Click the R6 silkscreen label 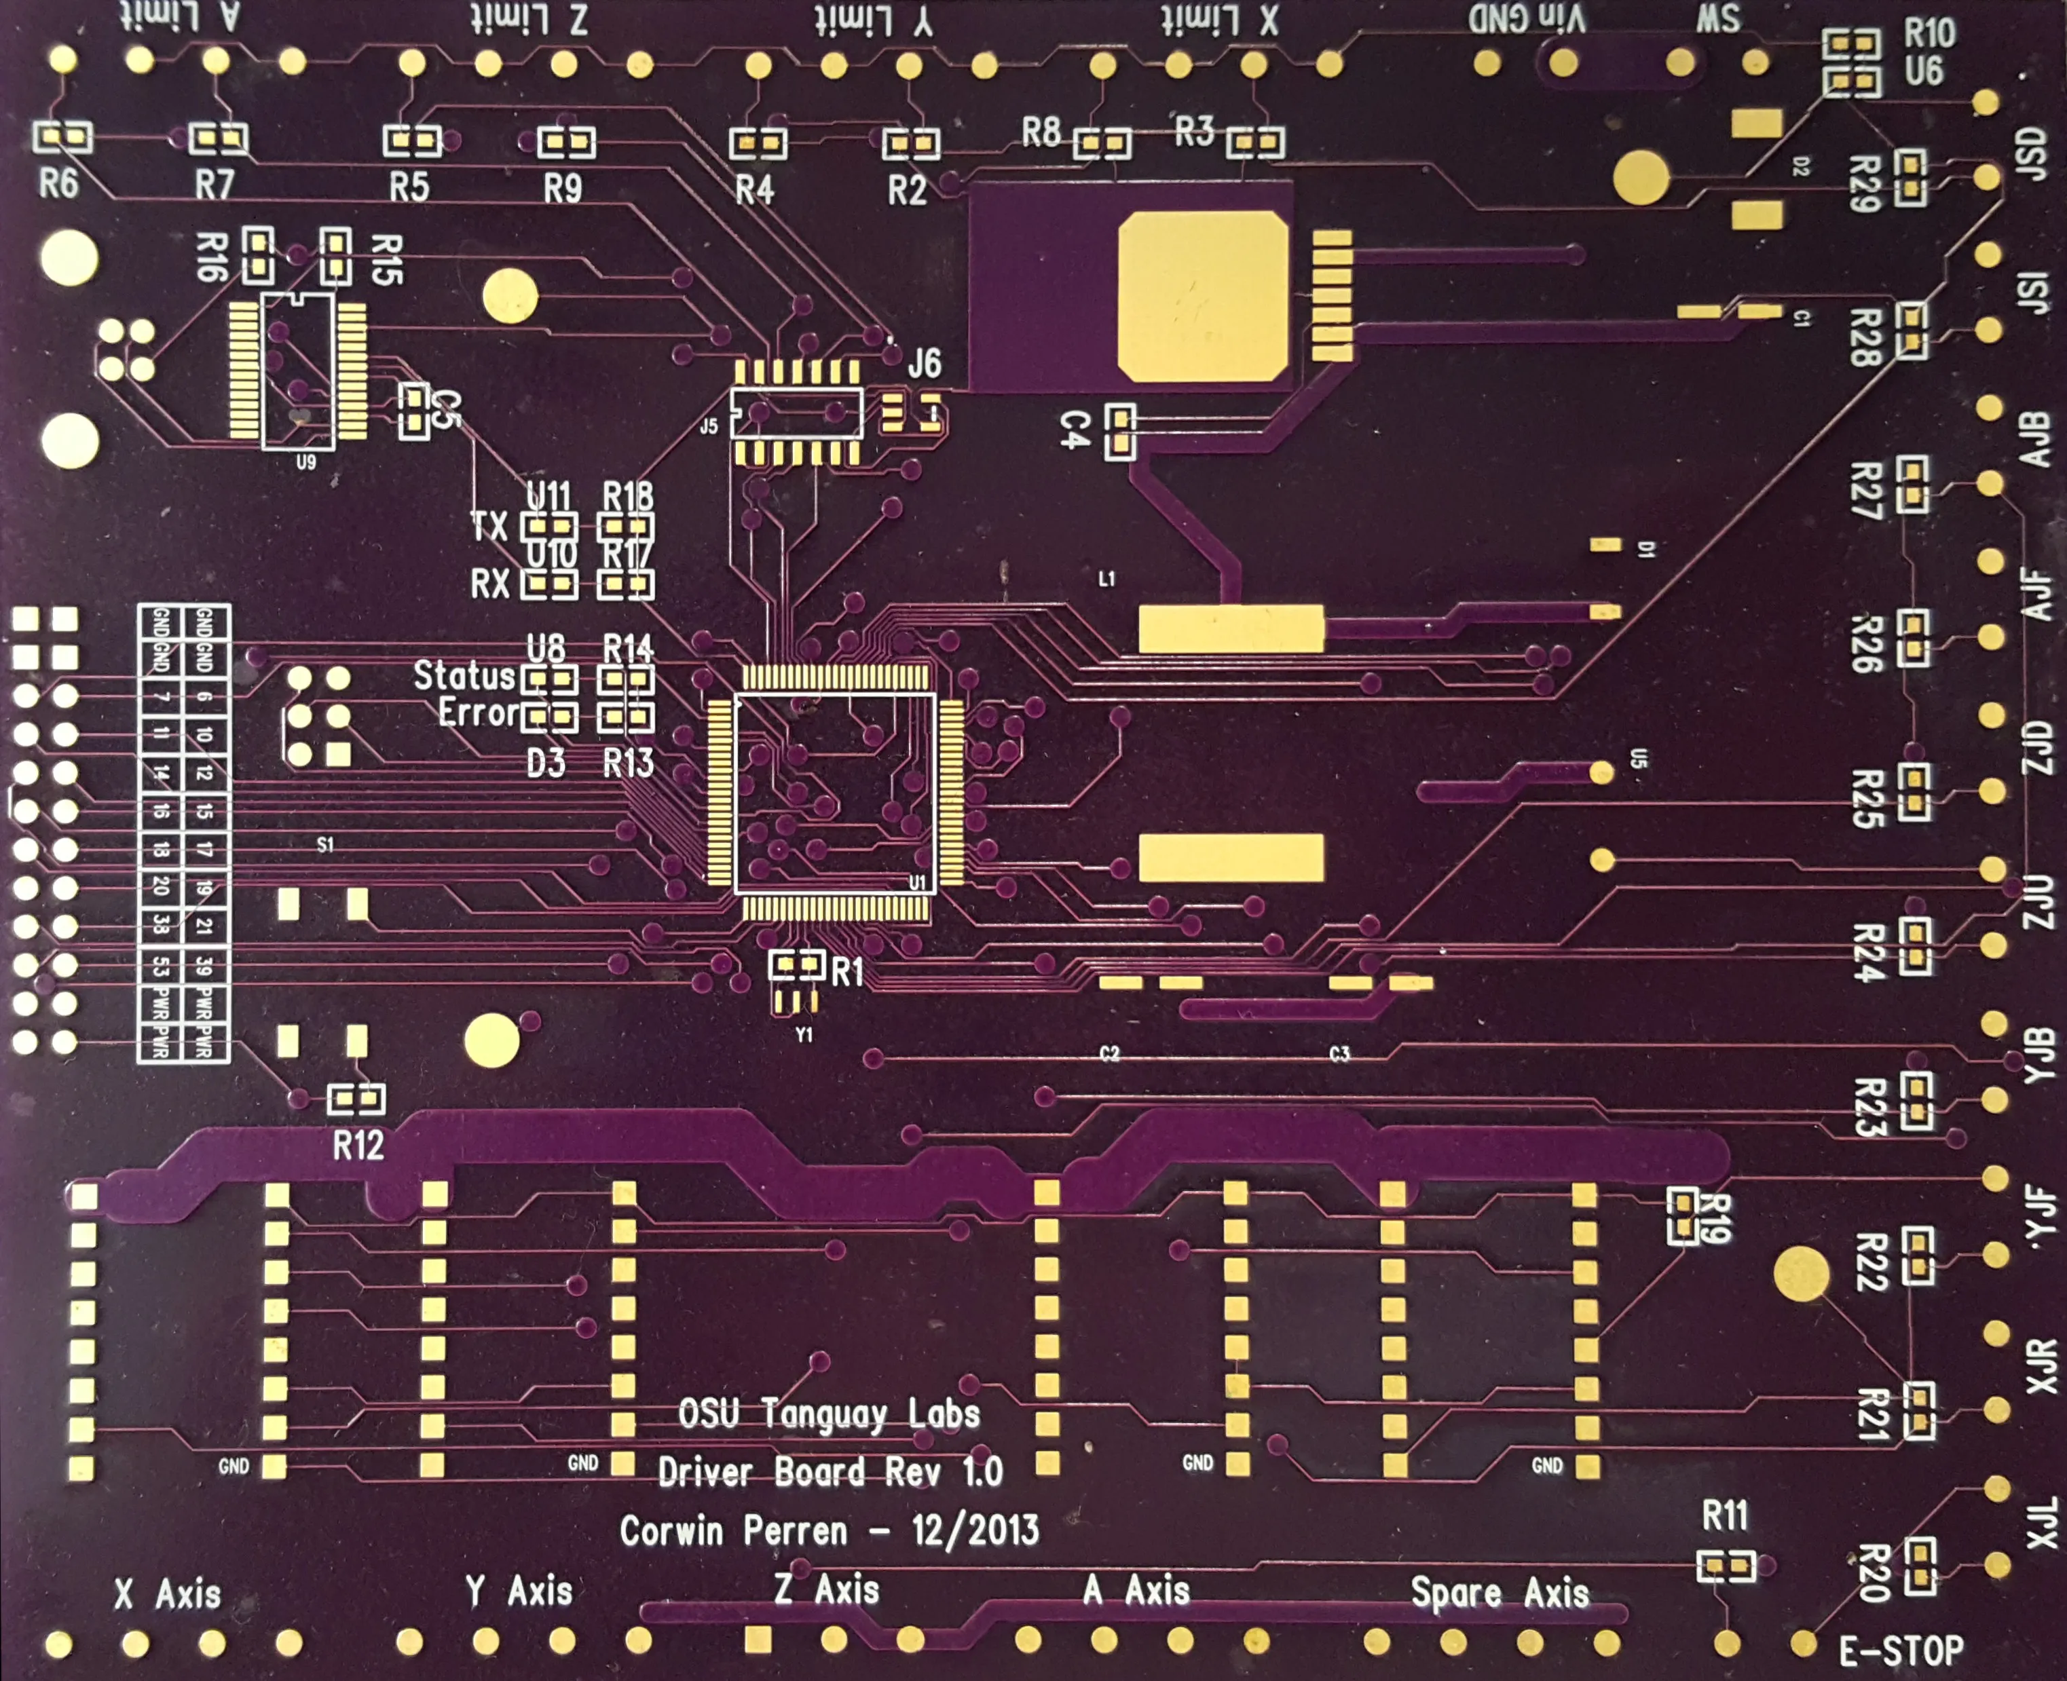pyautogui.click(x=58, y=183)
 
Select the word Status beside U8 pyautogui.click(x=464, y=676)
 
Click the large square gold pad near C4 pyautogui.click(x=1203, y=297)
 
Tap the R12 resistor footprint pyautogui.click(x=356, y=1099)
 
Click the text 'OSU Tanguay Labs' pyautogui.click(x=829, y=1415)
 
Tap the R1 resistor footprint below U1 pyautogui.click(x=797, y=964)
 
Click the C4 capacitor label pyautogui.click(x=1075, y=429)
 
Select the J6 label pyautogui.click(x=924, y=364)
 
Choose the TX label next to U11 pyautogui.click(x=489, y=527)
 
